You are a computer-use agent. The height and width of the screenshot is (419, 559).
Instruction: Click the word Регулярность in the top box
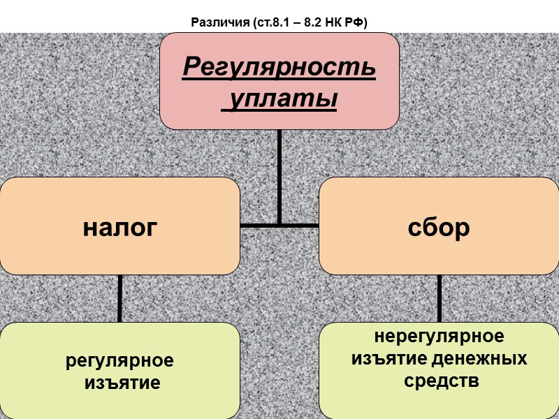pos(279,68)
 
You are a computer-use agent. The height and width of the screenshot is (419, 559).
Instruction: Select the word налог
pos(119,228)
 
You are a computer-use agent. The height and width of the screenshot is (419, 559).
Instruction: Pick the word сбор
pos(440,228)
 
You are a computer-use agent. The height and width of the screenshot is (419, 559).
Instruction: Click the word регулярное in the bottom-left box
pos(119,361)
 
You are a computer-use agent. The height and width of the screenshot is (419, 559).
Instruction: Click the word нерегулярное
pos(440,337)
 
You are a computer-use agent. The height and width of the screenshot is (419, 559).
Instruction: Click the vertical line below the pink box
pos(279,175)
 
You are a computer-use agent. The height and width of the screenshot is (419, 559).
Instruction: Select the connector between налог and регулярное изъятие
pos(120,298)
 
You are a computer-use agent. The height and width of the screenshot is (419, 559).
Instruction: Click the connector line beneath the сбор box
pos(440,298)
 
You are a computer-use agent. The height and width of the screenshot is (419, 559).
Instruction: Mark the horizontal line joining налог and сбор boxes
pos(279,226)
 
